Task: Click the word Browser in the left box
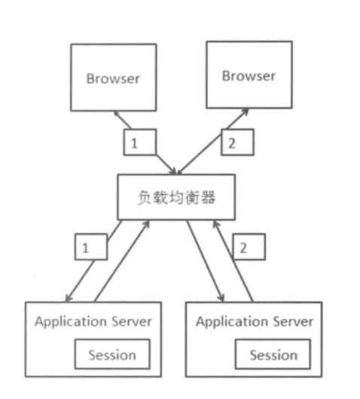(113, 78)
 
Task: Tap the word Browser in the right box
(249, 76)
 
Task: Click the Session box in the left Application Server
(112, 354)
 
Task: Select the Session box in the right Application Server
(273, 355)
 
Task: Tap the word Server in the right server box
(294, 322)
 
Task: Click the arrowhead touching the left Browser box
(117, 114)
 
